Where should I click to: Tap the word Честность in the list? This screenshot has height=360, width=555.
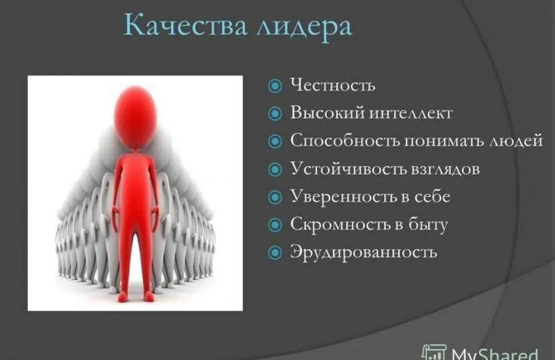pyautogui.click(x=332, y=85)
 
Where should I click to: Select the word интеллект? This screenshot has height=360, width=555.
pyautogui.click(x=410, y=113)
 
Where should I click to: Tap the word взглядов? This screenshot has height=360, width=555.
pyautogui.click(x=445, y=169)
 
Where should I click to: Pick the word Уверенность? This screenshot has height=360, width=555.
pyautogui.click(x=343, y=197)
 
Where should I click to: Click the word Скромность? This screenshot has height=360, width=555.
pyautogui.click(x=340, y=224)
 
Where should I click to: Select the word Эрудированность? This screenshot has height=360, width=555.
pyautogui.click(x=364, y=252)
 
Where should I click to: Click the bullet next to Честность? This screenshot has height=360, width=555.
pyautogui.click(x=275, y=86)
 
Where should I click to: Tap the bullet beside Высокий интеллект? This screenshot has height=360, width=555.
pyautogui.click(x=275, y=113)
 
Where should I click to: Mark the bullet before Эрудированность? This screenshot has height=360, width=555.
pyautogui.click(x=275, y=252)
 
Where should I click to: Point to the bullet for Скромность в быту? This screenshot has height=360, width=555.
pyautogui.click(x=275, y=225)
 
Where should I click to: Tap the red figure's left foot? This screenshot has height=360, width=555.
pyautogui.click(x=149, y=296)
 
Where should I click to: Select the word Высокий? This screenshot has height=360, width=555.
pyautogui.click(x=326, y=113)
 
